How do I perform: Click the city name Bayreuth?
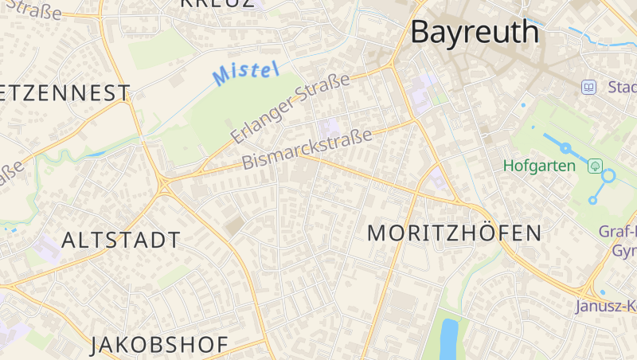(474, 33)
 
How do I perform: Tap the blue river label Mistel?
(245, 72)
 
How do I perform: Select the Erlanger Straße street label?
(290, 108)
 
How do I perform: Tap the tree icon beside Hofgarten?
(594, 166)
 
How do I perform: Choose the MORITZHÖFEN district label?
(455, 233)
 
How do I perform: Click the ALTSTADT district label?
(121, 240)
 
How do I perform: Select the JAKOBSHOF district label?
(159, 345)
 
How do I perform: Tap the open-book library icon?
(588, 87)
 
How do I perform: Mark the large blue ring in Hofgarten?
(608, 176)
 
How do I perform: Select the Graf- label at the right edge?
(618, 233)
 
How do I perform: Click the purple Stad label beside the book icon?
(621, 87)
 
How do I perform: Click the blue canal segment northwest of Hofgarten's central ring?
(550, 141)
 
